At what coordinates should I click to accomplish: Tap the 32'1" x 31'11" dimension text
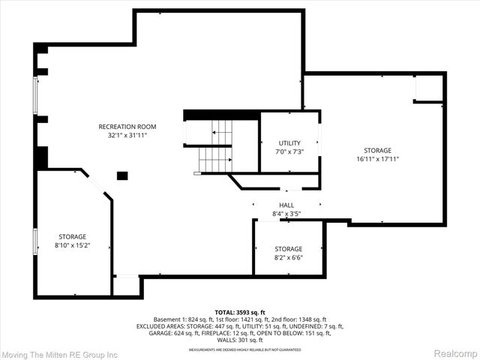[127, 136]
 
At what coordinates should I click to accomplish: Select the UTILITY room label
[289, 142]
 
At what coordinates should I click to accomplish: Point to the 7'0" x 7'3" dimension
[289, 151]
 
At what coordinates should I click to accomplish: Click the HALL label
[286, 205]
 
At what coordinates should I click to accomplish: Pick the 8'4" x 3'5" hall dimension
[286, 214]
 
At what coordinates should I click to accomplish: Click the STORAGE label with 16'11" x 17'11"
[378, 150]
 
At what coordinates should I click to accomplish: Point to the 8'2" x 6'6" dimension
[288, 258]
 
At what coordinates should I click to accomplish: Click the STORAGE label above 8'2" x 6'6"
[288, 249]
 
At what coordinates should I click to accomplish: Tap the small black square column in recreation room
[122, 175]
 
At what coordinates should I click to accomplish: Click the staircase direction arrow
[216, 132]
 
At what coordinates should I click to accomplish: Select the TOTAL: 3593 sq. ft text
[240, 312]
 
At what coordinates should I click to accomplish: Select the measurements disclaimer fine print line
[240, 349]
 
